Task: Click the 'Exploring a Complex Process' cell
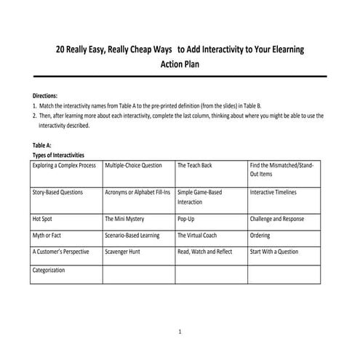pos(64,166)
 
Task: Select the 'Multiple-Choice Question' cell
pos(133,166)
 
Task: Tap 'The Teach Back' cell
pos(194,166)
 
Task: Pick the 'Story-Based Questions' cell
pos(57,193)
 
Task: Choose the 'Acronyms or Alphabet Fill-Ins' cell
pos(137,193)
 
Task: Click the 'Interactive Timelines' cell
pos(274,193)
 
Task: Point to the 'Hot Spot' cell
pos(42,218)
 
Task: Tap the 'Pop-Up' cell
pos(186,218)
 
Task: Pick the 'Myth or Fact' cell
pos(47,235)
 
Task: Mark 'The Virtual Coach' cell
pos(199,235)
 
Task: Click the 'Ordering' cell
pos(260,235)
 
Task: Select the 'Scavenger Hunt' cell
pos(123,252)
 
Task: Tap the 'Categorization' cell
pos(49,270)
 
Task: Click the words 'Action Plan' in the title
pos(180,64)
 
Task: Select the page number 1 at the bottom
pos(180,332)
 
